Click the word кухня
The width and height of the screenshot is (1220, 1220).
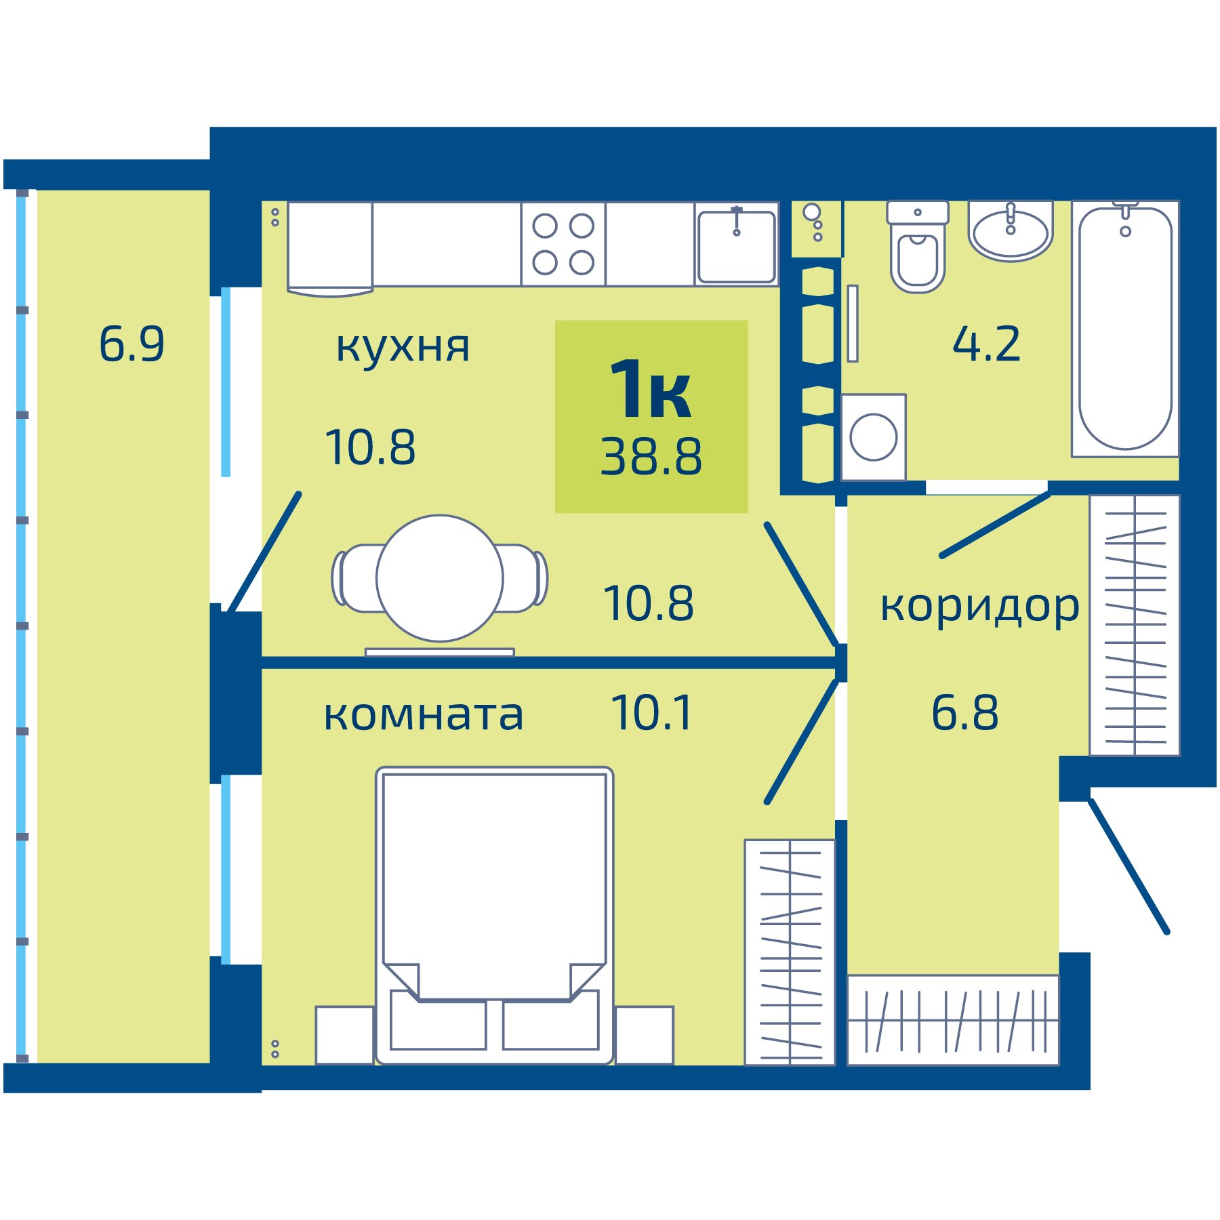(403, 347)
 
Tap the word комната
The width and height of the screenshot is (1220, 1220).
(424, 716)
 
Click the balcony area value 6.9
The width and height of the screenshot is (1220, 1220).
(131, 344)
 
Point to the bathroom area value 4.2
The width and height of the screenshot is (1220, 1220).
(986, 344)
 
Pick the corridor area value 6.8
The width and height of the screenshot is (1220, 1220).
(964, 713)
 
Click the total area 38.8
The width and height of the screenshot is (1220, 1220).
(651, 457)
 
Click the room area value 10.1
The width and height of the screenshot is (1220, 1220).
(652, 713)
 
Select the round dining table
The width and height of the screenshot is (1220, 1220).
(440, 578)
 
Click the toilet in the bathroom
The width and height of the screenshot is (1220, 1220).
(918, 251)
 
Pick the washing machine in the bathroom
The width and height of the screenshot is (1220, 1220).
(874, 437)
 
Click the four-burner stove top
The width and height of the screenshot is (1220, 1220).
(563, 244)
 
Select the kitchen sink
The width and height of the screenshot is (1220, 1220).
(737, 245)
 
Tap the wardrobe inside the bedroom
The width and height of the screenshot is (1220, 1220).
(790, 952)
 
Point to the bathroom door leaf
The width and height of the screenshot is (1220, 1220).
(995, 525)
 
